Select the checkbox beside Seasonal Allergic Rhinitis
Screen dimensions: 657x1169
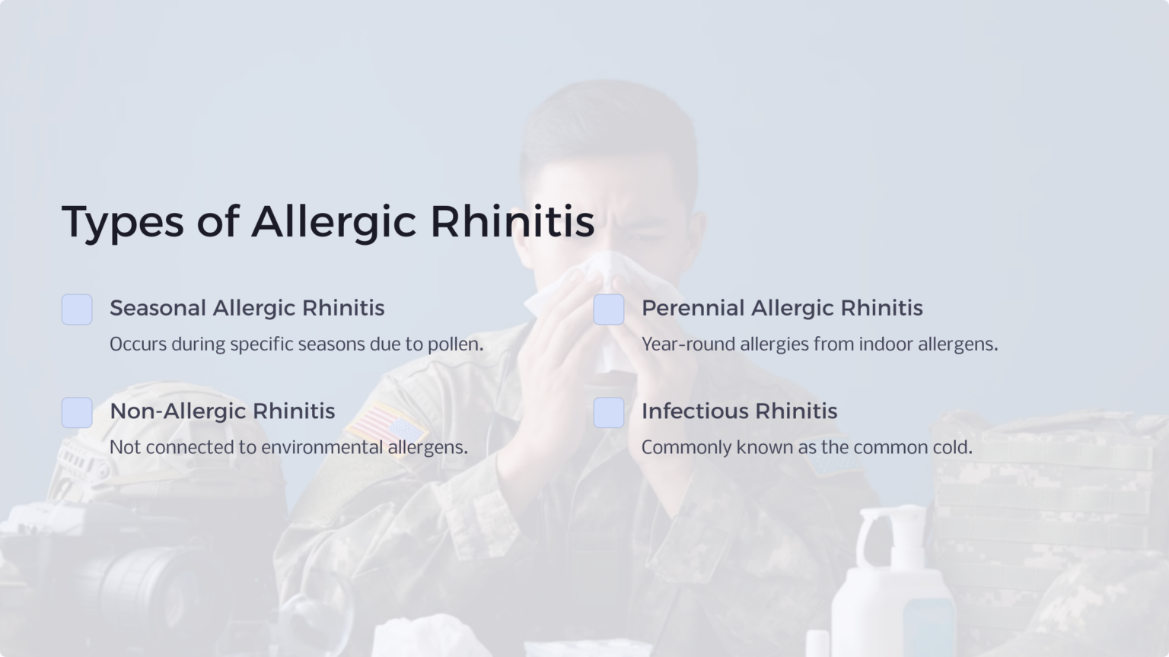(x=77, y=309)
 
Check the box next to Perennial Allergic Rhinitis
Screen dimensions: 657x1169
(x=609, y=309)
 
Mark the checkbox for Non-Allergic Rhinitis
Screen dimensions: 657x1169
(x=77, y=413)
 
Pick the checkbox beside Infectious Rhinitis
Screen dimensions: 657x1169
(x=609, y=413)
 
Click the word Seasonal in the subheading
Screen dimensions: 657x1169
(x=158, y=308)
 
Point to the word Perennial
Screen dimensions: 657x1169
(x=693, y=308)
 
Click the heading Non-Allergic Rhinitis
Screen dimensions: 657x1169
(x=222, y=411)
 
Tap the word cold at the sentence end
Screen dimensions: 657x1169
(x=952, y=447)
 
